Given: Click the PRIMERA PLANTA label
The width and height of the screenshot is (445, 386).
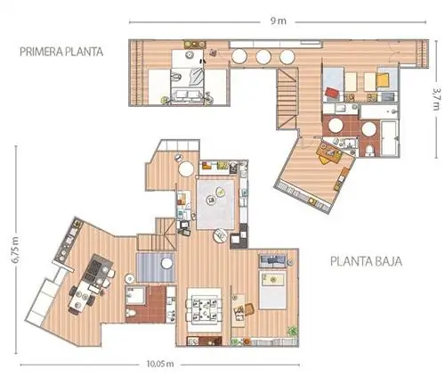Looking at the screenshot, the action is point(61,52).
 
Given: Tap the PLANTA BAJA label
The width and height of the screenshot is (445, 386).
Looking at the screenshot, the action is point(366,261).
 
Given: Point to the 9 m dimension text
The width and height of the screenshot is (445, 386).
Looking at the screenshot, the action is point(278,21).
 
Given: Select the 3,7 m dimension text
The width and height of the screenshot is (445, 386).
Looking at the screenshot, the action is point(435,99).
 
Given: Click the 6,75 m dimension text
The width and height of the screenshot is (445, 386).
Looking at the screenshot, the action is point(15,250).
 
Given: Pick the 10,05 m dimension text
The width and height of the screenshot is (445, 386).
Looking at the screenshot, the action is point(160,364).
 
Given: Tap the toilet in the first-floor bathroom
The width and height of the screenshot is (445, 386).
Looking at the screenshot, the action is point(369,150).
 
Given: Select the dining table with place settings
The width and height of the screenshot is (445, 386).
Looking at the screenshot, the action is point(205,309).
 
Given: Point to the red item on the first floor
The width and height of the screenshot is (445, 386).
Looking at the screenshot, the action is point(332,92).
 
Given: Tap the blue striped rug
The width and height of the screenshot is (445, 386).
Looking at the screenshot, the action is point(155,267).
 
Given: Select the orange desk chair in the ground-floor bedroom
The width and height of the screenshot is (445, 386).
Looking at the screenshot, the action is point(249,309).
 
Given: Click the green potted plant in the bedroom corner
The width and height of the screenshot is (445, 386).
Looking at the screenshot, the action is point(293,331).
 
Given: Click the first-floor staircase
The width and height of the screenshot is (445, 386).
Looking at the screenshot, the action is point(287,99).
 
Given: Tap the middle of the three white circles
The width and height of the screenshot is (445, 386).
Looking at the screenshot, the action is point(263,56).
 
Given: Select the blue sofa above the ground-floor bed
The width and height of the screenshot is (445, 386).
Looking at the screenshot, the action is point(273,260).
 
